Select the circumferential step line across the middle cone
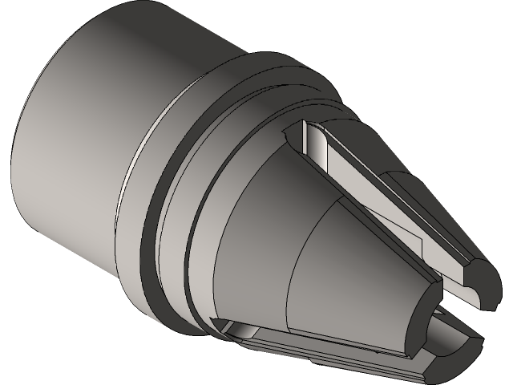click(x=293, y=265)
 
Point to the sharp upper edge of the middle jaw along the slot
click(x=369, y=225)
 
